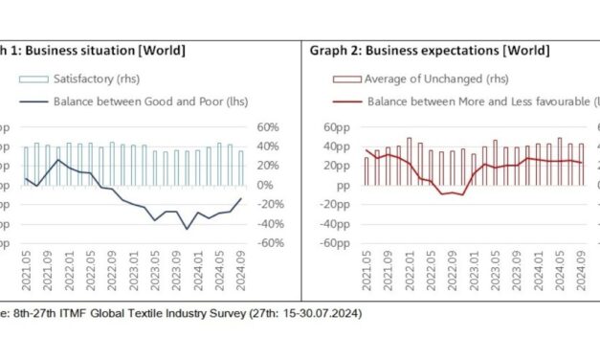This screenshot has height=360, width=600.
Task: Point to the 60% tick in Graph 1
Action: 268,127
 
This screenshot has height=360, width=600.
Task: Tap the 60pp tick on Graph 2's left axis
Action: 335,127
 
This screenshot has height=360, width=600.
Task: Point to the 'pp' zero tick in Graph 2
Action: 339,185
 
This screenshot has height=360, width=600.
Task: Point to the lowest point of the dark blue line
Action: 188,229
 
